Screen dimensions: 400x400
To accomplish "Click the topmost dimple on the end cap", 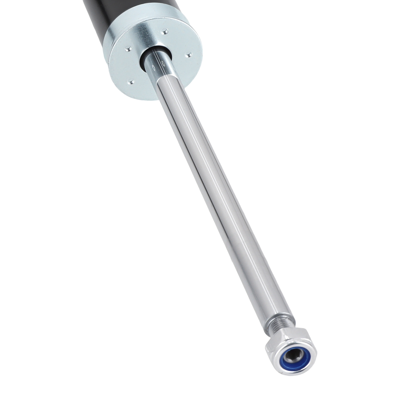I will click(164, 30).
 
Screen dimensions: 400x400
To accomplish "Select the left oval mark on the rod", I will click(154, 68).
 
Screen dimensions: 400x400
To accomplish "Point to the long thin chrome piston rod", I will click(224, 200).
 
